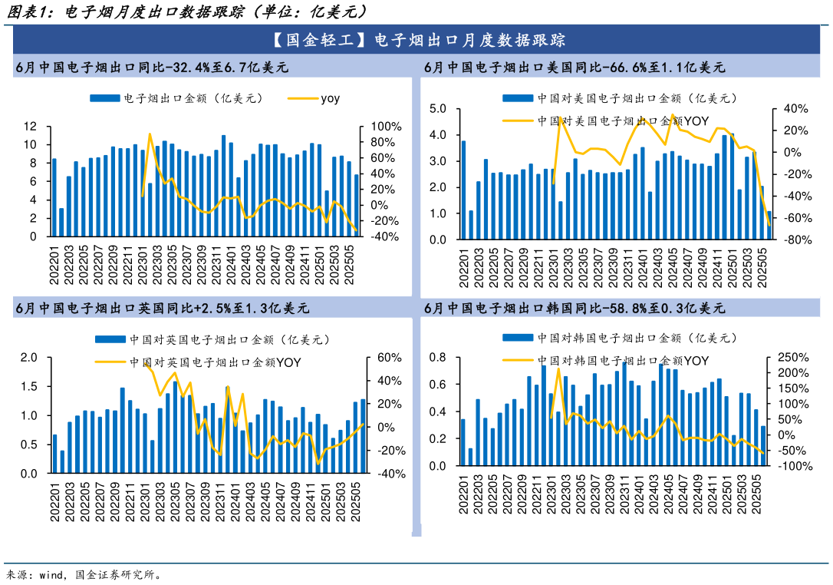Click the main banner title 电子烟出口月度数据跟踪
[x=416, y=40]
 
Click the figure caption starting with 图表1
[x=184, y=12]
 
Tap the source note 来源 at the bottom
[x=84, y=573]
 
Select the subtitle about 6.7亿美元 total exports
[x=152, y=68]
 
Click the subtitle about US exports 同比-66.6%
[x=575, y=68]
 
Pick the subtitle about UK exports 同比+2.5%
[x=162, y=309]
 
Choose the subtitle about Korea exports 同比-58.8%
[x=575, y=309]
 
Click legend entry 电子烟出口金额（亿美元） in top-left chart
[x=176, y=98]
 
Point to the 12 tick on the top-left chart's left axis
[x=31, y=126]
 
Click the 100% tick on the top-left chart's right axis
[x=387, y=126]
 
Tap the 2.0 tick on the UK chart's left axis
[x=29, y=358]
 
